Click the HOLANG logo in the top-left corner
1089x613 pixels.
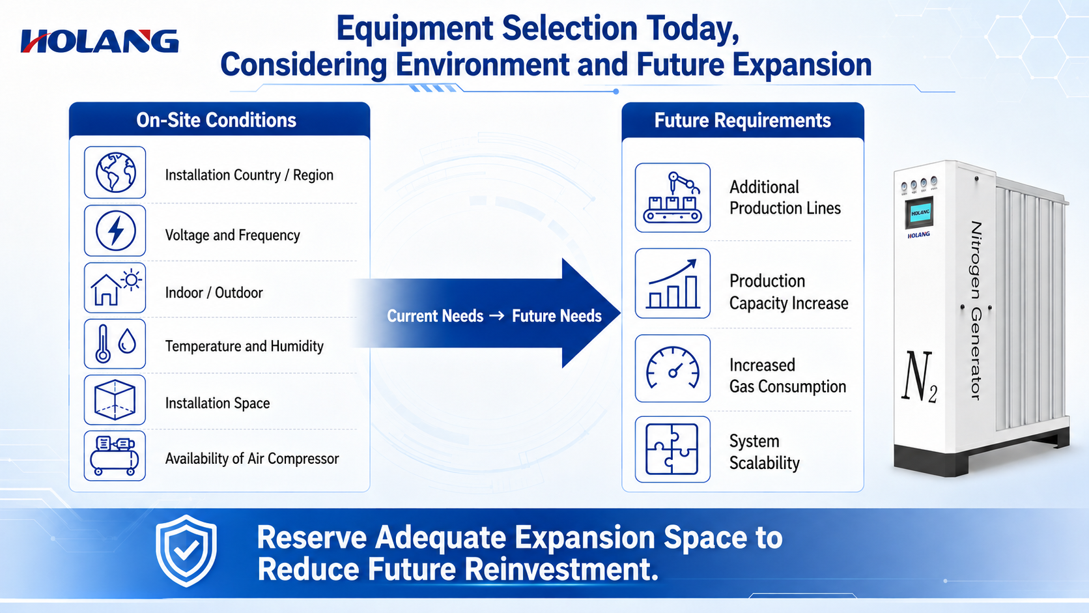pos(100,41)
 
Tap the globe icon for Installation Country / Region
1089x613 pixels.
pos(115,173)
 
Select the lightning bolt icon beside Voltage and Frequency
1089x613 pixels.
pos(115,231)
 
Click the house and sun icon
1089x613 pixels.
pos(116,288)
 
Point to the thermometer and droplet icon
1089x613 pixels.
pos(115,344)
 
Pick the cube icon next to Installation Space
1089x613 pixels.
pos(115,399)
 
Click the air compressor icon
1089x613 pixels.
pos(115,456)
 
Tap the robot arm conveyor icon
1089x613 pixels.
pos(672,197)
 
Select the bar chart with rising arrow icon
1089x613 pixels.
pos(672,284)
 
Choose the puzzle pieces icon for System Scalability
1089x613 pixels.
pos(672,449)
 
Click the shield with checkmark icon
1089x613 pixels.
pos(186,550)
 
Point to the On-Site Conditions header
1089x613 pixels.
pos(216,120)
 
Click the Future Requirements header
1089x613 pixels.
pos(742,121)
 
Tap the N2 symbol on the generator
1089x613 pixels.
pos(919,377)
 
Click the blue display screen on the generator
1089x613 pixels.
pos(919,213)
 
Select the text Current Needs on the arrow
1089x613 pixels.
pos(435,316)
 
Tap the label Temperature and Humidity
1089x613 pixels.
pos(244,346)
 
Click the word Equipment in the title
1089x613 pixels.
pos(415,28)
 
